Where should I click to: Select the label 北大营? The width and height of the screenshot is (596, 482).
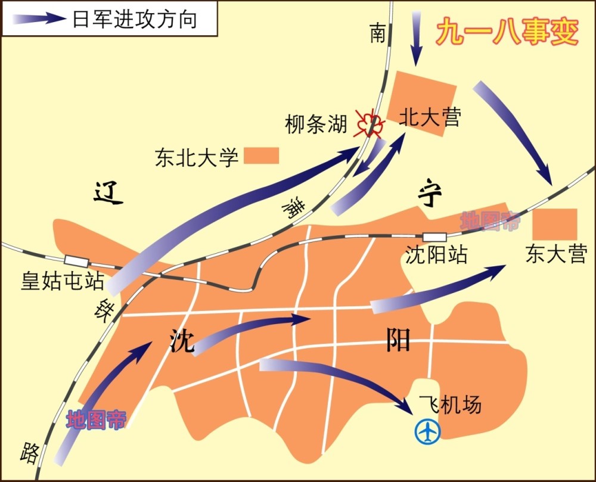click(x=430, y=117)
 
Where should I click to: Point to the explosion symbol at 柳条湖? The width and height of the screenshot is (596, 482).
click(x=367, y=123)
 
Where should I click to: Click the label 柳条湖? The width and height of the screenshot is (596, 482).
click(x=316, y=125)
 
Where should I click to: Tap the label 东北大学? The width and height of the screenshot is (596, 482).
click(x=197, y=157)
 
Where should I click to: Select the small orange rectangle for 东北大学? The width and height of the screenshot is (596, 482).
click(x=261, y=156)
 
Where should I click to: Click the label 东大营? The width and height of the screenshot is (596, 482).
click(x=556, y=254)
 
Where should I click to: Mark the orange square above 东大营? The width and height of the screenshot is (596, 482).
click(x=555, y=224)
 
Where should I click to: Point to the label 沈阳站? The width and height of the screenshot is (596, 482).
click(x=436, y=255)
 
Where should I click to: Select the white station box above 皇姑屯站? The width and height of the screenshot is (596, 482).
click(x=76, y=260)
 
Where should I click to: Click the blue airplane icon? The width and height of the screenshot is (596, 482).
click(x=427, y=431)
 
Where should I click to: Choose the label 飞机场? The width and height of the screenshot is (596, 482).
click(x=449, y=405)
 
